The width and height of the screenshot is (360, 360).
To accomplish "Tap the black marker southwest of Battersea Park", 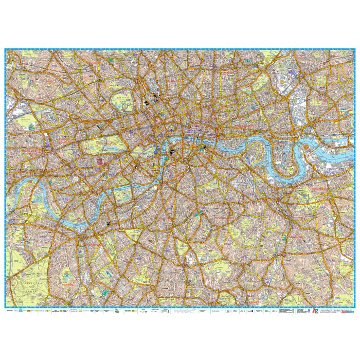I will (x=109, y=224).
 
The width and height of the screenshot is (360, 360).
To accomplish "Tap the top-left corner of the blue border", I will (x=5, y=49).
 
